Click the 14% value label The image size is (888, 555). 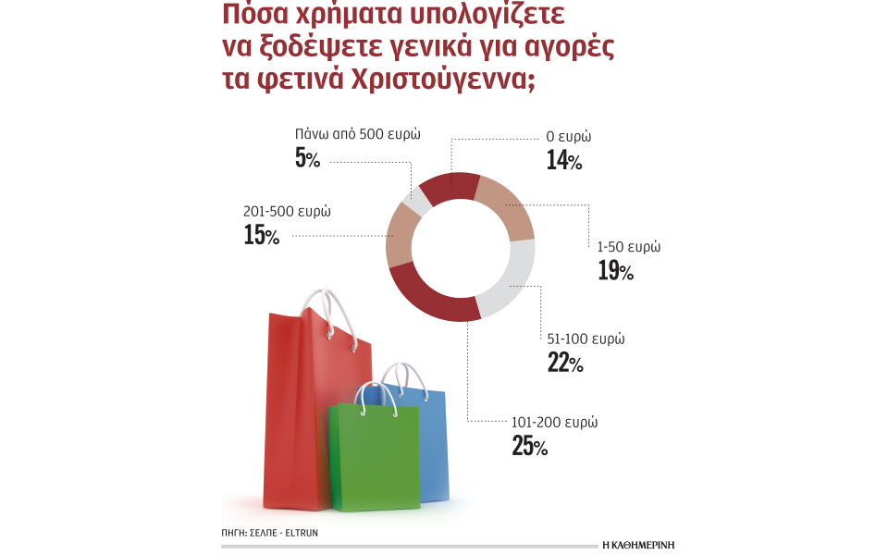[563, 161]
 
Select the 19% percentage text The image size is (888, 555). [615, 271]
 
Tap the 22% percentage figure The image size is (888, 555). [564, 363]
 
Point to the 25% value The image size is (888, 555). [529, 446]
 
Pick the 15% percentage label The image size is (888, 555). [262, 236]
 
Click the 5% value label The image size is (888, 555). [307, 159]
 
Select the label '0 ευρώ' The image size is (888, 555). [569, 137]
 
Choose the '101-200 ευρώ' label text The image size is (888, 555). [554, 422]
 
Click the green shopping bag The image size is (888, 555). [374, 458]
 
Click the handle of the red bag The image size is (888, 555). [330, 314]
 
